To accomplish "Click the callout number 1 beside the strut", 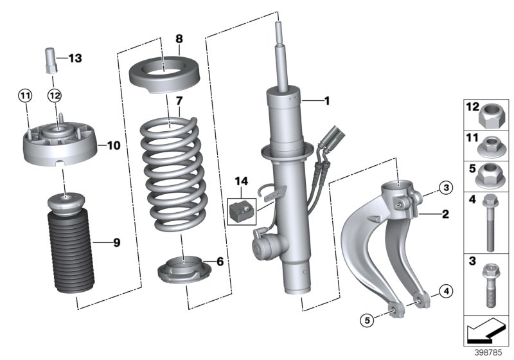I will pos(326,101).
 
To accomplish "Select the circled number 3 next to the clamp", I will pos(445,187).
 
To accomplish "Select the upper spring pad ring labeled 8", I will pos(163,75).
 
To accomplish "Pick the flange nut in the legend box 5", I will pos(492,174).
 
